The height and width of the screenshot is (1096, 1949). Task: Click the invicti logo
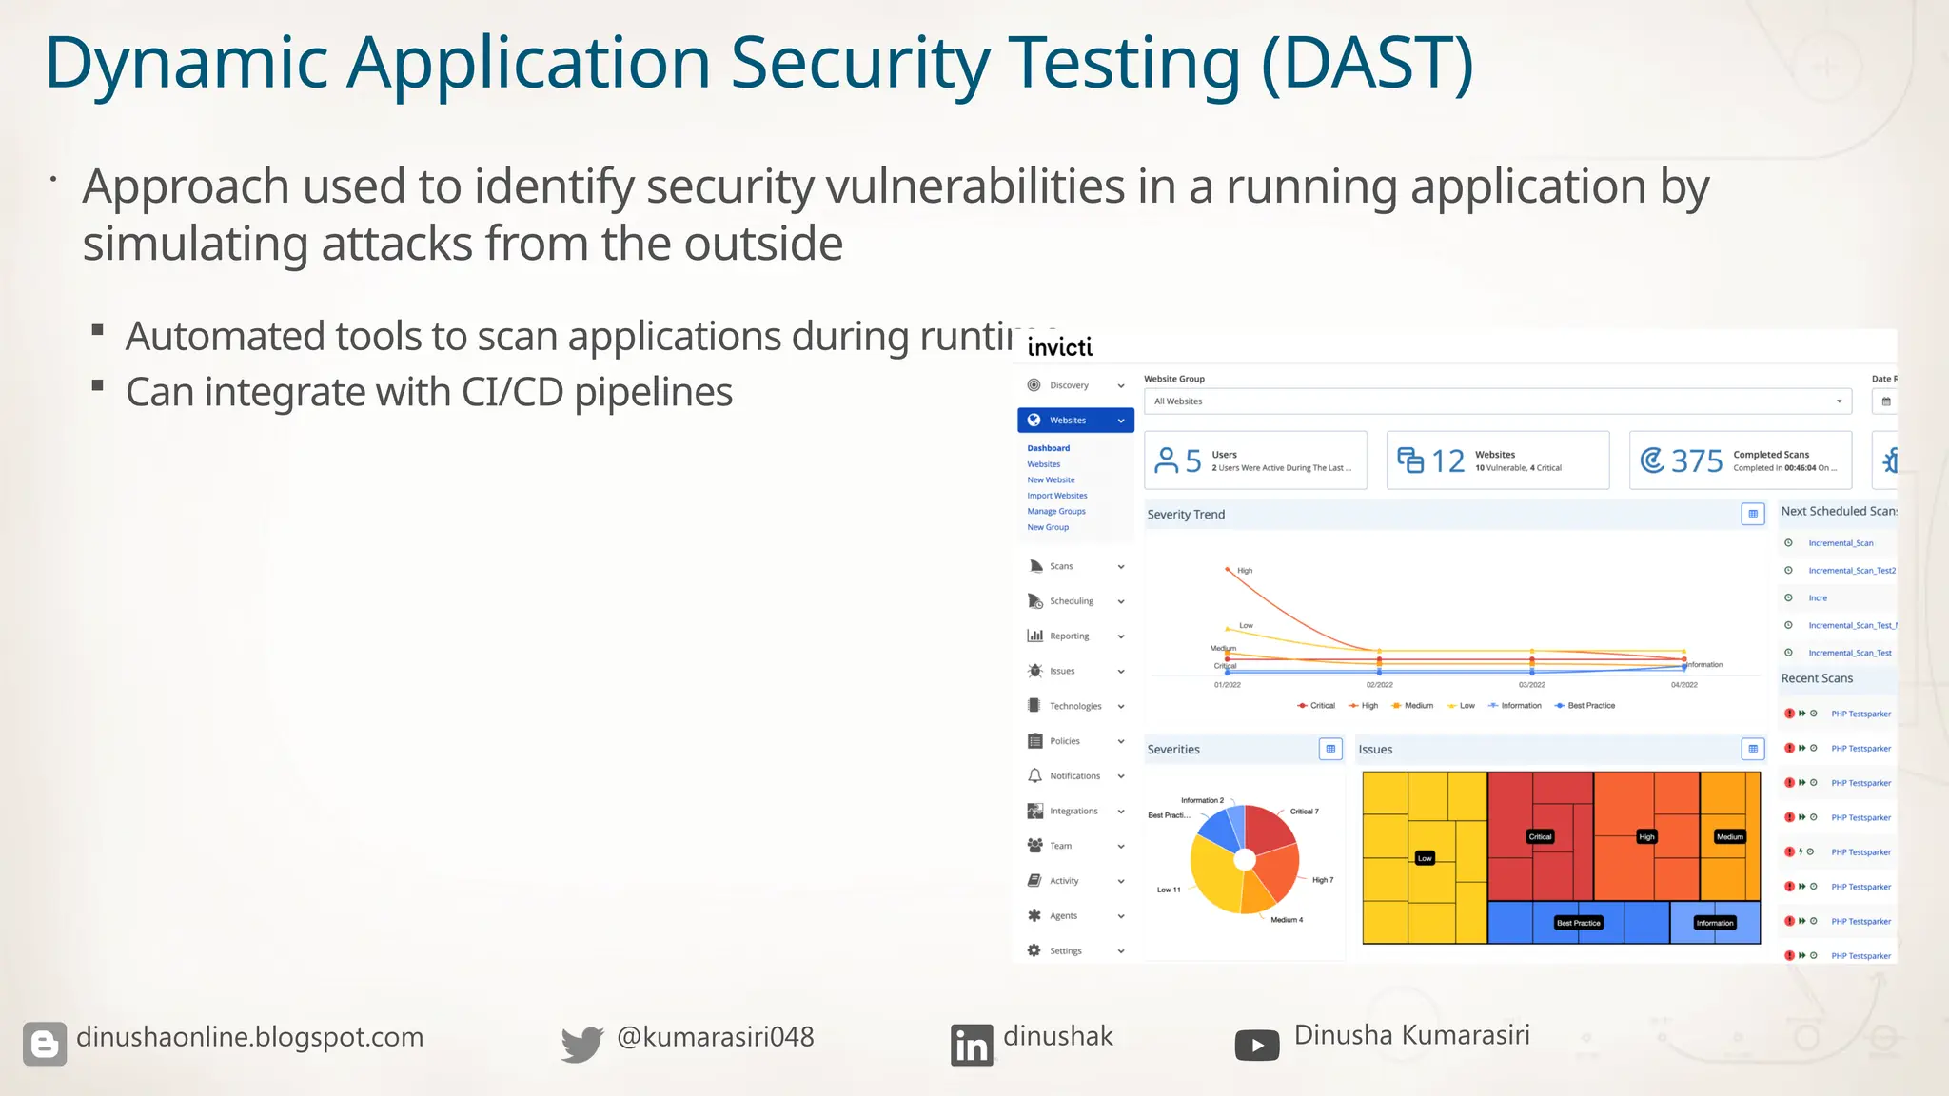pyautogui.click(x=1059, y=347)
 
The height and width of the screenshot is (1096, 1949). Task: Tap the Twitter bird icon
pyautogui.click(x=581, y=1044)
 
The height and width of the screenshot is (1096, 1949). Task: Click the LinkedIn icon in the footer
pyautogui.click(x=971, y=1046)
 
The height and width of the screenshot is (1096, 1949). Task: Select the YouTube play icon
pyautogui.click(x=1256, y=1046)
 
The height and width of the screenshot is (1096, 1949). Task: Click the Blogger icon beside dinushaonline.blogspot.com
pyautogui.click(x=45, y=1044)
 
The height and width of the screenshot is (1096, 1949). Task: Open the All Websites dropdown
pyautogui.click(x=1497, y=401)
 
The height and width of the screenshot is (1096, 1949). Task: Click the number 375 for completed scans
pyautogui.click(x=1696, y=461)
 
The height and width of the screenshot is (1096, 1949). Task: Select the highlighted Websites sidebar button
pyautogui.click(x=1075, y=421)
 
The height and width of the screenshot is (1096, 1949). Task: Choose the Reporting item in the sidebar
pyautogui.click(x=1069, y=636)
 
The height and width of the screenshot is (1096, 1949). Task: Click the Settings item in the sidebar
pyautogui.click(x=1065, y=951)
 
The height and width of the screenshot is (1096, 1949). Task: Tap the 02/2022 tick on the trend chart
pyautogui.click(x=1379, y=685)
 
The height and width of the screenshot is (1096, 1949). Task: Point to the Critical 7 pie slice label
pyautogui.click(x=1304, y=812)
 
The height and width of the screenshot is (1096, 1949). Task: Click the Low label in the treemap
pyautogui.click(x=1425, y=858)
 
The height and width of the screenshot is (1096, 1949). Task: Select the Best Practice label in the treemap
pyautogui.click(x=1578, y=923)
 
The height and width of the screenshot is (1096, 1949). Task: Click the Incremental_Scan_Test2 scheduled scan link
pyautogui.click(x=1851, y=571)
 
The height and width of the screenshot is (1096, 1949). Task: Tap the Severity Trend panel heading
pyautogui.click(x=1186, y=515)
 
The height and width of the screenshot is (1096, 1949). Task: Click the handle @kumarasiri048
pyautogui.click(x=715, y=1037)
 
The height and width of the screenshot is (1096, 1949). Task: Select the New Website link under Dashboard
pyautogui.click(x=1051, y=480)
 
